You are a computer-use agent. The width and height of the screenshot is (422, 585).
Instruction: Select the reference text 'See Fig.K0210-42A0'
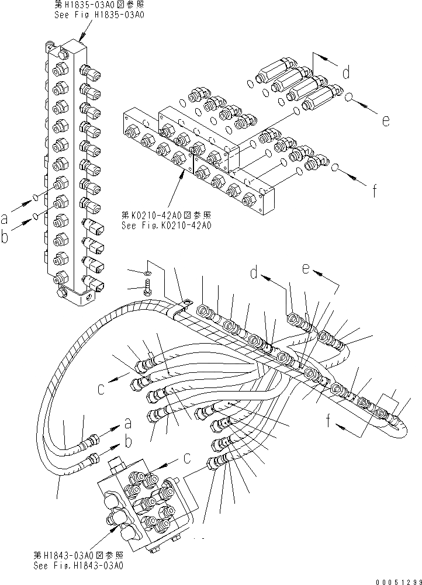[x=166, y=224]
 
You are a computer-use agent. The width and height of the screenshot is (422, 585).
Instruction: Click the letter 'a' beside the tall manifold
[x=5, y=219]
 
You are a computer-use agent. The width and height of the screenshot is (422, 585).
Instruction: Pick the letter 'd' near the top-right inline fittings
[x=346, y=72]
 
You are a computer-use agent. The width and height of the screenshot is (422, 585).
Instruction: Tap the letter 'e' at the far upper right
[x=385, y=121]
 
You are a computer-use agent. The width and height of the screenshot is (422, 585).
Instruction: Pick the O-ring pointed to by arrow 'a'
[x=36, y=196]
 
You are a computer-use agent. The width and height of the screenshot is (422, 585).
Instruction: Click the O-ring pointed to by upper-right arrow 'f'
[x=335, y=169]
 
